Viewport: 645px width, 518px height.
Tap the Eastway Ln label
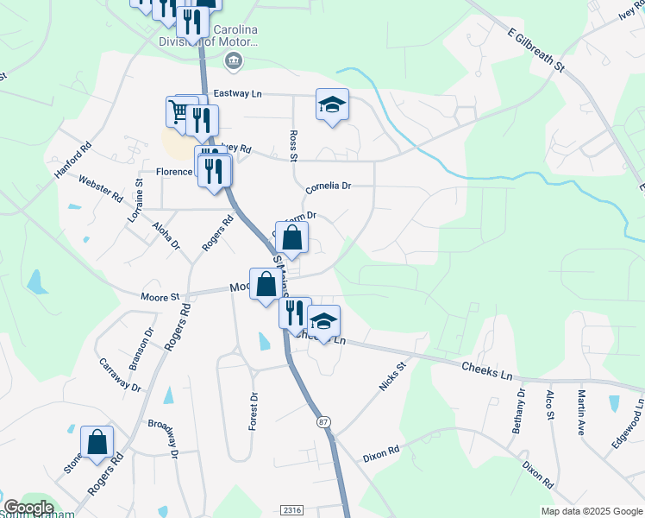click(x=232, y=92)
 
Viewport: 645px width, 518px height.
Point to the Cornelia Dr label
click(x=329, y=186)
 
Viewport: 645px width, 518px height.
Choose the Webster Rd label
click(x=100, y=189)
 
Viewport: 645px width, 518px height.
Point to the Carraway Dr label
click(x=119, y=376)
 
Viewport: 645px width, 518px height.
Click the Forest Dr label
click(x=254, y=411)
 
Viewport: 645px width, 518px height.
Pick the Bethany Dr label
click(x=521, y=411)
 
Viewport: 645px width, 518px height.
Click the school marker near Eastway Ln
click(x=332, y=105)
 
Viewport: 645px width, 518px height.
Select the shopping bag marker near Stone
click(x=97, y=443)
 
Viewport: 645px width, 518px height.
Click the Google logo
click(x=28, y=508)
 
